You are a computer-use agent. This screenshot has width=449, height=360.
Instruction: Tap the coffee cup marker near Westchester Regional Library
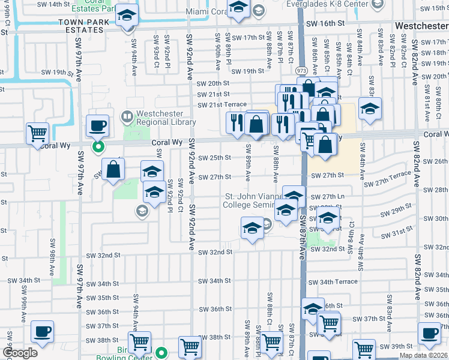click(x=98, y=126)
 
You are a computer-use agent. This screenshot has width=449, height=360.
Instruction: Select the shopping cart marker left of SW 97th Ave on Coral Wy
click(x=38, y=133)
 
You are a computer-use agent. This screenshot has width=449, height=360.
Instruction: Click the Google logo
click(x=19, y=353)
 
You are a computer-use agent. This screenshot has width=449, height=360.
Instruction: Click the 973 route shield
click(x=301, y=71)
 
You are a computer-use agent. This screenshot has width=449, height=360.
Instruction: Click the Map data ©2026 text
click(x=423, y=355)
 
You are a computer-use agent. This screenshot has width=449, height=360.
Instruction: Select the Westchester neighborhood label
click(x=421, y=26)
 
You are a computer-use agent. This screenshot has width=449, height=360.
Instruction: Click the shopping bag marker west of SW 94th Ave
click(x=113, y=170)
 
